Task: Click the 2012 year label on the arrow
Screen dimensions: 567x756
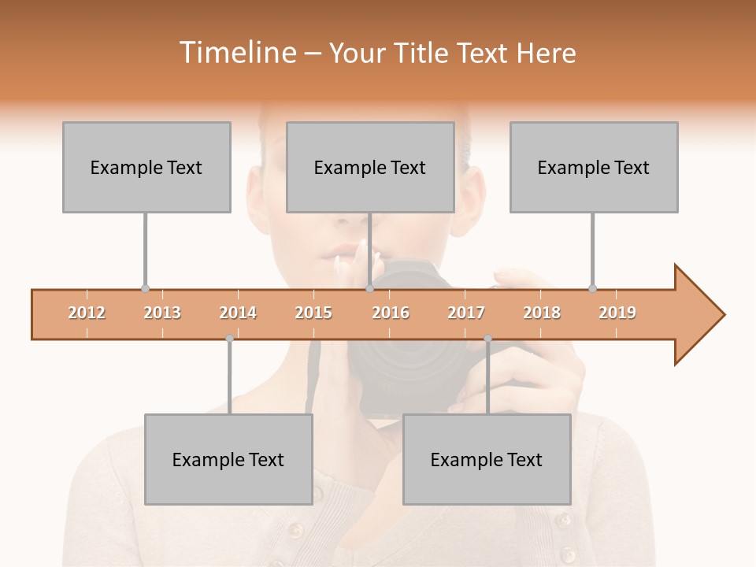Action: click(x=87, y=313)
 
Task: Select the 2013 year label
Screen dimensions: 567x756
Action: click(x=162, y=313)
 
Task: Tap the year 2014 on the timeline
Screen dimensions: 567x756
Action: click(x=238, y=313)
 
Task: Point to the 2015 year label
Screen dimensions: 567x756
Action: click(x=313, y=313)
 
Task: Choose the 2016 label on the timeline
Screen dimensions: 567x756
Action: click(x=391, y=313)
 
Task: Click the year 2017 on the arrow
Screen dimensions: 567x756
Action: click(x=466, y=313)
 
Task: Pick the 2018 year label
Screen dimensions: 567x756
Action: click(x=542, y=313)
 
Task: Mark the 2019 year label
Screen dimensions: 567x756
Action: click(x=617, y=313)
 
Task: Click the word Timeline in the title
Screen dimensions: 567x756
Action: click(x=236, y=53)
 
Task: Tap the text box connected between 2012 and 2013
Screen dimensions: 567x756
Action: click(x=146, y=167)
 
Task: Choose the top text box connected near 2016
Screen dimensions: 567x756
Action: click(x=370, y=167)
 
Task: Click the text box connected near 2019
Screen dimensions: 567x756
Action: click(x=594, y=167)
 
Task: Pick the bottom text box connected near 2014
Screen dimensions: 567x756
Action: click(x=228, y=459)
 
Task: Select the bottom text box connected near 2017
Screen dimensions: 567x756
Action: click(x=487, y=459)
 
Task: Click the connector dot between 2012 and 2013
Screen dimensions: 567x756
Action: click(x=145, y=288)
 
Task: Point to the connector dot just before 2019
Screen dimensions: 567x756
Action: click(x=592, y=288)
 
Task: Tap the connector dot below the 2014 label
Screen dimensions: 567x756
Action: click(x=229, y=339)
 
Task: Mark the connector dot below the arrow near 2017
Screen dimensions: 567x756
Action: click(x=487, y=339)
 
